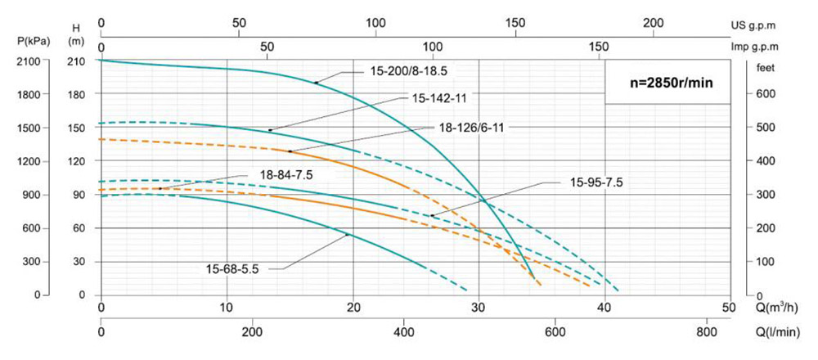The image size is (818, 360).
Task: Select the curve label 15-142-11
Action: pyautogui.click(x=439, y=98)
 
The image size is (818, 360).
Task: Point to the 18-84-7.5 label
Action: pyautogui.click(x=286, y=174)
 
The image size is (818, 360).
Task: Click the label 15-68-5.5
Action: pyautogui.click(x=232, y=268)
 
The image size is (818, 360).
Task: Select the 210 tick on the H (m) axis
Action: pyautogui.click(x=75, y=61)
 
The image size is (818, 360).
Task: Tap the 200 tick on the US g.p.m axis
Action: pyautogui.click(x=653, y=24)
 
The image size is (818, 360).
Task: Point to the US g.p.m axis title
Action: pyautogui.click(x=775, y=25)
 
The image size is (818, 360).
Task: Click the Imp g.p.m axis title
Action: pyautogui.click(x=774, y=47)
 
